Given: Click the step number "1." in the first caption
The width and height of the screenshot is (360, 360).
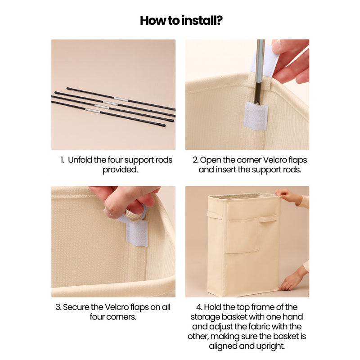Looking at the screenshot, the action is (62, 160).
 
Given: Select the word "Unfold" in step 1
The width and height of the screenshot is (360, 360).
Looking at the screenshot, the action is (80, 160).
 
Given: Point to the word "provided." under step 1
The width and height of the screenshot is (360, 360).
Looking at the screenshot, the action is (120, 170).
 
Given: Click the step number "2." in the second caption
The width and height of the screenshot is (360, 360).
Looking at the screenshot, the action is (196, 160).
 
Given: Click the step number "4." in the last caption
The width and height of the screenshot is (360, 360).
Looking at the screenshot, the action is (199, 307).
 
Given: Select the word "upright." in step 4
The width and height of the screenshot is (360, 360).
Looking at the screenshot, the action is (270, 346).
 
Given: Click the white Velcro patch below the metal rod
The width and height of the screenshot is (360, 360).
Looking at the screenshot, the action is (256, 116).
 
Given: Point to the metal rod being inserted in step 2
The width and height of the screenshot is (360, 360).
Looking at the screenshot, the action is (260, 72).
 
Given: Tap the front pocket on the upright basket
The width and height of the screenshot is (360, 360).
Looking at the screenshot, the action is (243, 235).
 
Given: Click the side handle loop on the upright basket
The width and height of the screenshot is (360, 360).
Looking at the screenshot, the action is (215, 215).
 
